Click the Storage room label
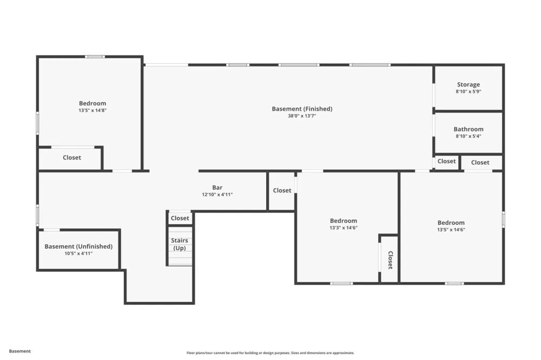click(x=468, y=84)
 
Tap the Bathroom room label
click(x=468, y=129)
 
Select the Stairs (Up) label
click(x=180, y=244)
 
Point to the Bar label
click(x=217, y=188)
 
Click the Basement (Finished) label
click(x=302, y=109)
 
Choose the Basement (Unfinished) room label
click(x=78, y=246)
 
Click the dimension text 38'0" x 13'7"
click(x=302, y=116)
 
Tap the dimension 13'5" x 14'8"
click(x=93, y=110)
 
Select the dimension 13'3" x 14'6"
click(x=344, y=228)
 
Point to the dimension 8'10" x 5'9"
click(x=468, y=91)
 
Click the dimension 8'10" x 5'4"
click(x=468, y=136)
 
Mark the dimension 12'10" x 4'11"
click(x=217, y=195)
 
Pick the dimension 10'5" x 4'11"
click(x=78, y=254)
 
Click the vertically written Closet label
click(x=391, y=260)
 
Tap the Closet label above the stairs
click(x=180, y=218)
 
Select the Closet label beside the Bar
click(x=282, y=190)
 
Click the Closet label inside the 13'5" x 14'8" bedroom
click(x=72, y=158)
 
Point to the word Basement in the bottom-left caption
click(x=19, y=351)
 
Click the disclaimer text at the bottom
click(x=270, y=353)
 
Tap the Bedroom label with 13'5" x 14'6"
click(x=451, y=223)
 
